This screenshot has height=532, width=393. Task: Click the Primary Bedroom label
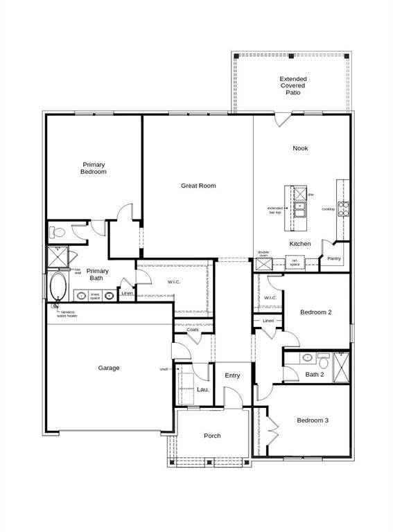94,168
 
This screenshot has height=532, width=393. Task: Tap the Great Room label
198,186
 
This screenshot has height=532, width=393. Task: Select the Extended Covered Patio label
293,85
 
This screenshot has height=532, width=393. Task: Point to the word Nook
300,148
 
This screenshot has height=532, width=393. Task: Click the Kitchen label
300,244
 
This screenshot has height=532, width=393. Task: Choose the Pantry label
334,259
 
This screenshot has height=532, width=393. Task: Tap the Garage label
109,368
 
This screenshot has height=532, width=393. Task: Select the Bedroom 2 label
315,312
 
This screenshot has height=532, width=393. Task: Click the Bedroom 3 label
313,420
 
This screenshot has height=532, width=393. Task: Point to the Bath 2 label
315,375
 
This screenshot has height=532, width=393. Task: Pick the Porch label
212,436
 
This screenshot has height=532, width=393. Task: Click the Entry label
232,375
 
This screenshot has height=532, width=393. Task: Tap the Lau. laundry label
202,390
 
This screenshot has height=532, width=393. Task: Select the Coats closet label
193,330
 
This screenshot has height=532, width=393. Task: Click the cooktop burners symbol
342,209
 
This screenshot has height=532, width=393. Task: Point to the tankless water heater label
68,314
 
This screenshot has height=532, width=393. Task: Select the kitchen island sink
300,206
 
